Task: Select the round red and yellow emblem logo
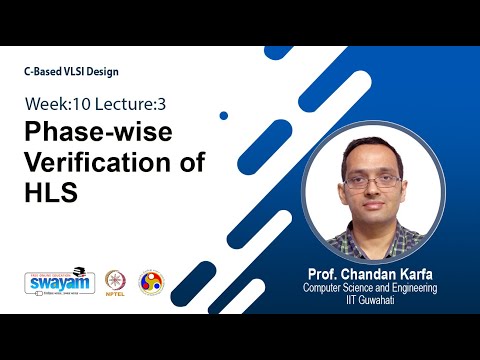[x=150, y=281]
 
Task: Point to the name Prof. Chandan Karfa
[x=373, y=271]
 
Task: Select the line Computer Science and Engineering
[x=374, y=287]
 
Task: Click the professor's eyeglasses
[x=372, y=183]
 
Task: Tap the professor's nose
[x=373, y=192]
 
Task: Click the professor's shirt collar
[x=373, y=232]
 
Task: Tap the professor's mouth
[x=373, y=206]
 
